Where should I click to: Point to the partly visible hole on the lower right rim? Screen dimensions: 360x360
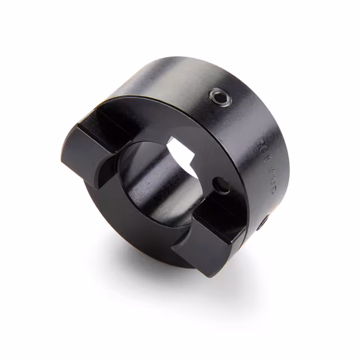[263, 223]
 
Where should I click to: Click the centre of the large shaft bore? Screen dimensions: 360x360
[163, 180]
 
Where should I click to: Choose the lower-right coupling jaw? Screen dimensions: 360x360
[211, 233]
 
